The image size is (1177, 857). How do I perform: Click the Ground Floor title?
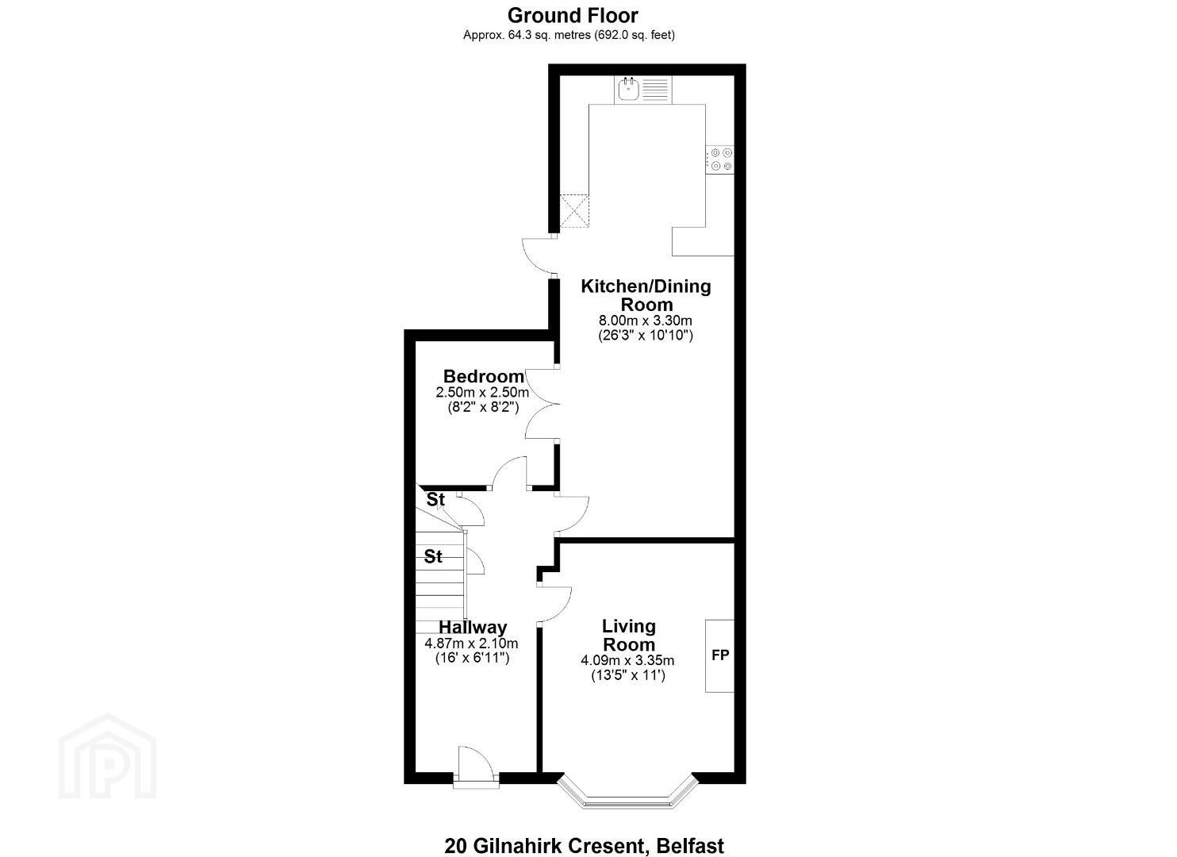tap(573, 16)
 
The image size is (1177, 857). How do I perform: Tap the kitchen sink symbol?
tap(644, 90)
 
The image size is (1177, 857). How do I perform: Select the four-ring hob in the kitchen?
tap(720, 159)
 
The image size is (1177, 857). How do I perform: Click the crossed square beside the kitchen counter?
tap(574, 211)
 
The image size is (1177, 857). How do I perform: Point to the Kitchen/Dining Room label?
tap(646, 295)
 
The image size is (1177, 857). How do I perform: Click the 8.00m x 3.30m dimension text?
tap(646, 321)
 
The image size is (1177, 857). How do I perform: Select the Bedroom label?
tap(484, 376)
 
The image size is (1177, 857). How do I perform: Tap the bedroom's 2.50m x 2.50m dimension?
tap(482, 392)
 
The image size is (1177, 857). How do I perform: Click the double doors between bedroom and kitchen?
tap(541, 404)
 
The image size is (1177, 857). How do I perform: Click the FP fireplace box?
tap(719, 655)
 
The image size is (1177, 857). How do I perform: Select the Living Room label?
tap(629, 635)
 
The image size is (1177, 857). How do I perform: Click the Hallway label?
tap(473, 627)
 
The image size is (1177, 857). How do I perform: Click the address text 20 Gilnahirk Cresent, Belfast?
tap(585, 832)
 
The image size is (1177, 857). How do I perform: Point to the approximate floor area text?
tap(569, 35)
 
